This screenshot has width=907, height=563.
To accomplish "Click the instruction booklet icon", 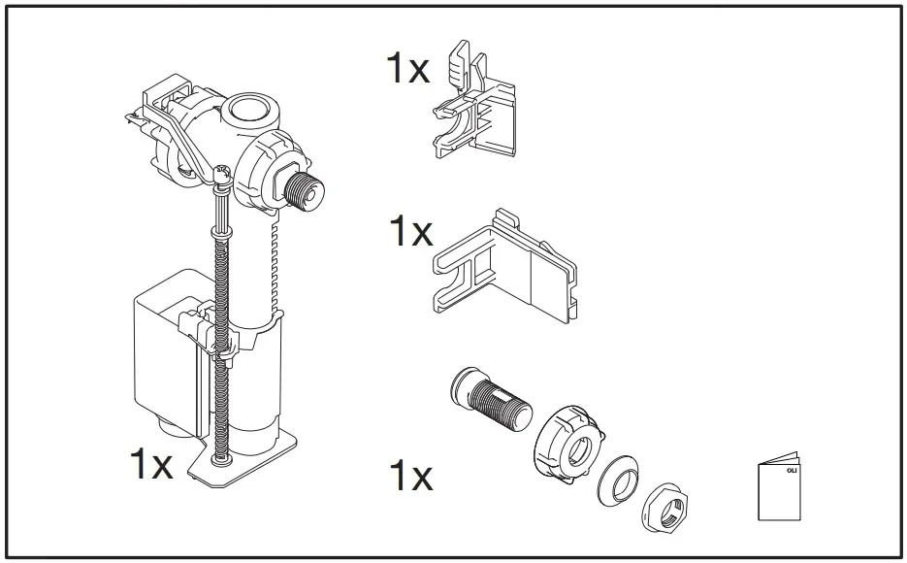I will click(778, 489).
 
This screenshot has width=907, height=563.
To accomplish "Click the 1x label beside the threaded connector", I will click(409, 477).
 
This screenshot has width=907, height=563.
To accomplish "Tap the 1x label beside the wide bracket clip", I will click(409, 233).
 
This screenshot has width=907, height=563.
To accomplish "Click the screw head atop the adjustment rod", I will click(221, 175).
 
